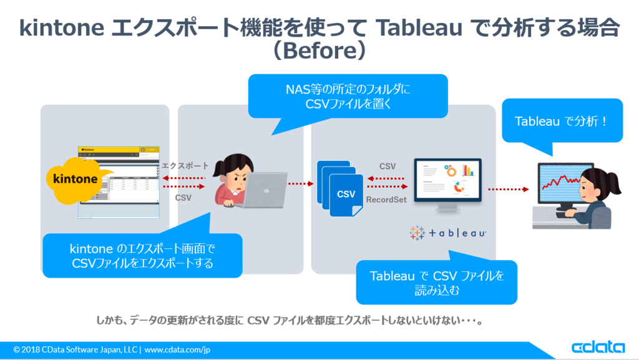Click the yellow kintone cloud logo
click(76, 178)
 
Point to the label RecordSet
click(387, 200)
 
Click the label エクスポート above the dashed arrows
click(185, 166)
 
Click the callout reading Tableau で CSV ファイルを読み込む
click(436, 282)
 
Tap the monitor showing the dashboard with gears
click(447, 181)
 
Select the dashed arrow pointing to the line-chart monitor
click(508, 188)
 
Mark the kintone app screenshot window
click(118, 182)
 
